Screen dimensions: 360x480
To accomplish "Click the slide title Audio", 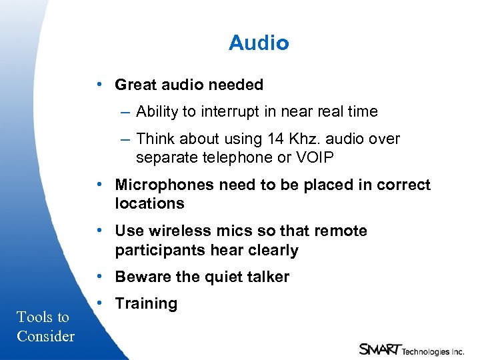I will [259, 43].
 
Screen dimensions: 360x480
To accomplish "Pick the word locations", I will [149, 204].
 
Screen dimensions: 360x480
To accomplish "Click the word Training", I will [146, 304].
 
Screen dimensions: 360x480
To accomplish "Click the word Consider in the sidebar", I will [45, 336].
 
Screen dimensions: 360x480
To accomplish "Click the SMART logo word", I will [379, 349].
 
